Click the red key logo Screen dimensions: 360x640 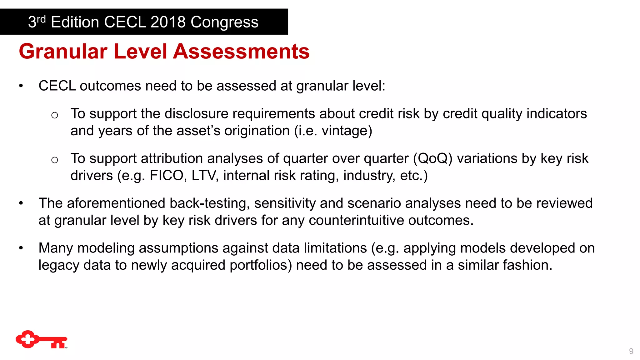pos(41,339)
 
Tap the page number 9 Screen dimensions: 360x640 pos(631,351)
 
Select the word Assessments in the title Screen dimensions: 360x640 pos(241,52)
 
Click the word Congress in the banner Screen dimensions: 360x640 pos(224,22)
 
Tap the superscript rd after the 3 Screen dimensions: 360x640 pos(41,19)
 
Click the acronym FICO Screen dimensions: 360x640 pos(168,175)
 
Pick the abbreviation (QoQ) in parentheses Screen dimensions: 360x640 pos(433,158)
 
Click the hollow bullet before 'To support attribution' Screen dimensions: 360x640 pos(55,160)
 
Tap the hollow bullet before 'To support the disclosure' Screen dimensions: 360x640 pos(55,115)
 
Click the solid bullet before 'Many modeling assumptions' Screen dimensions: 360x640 pos(21,248)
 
